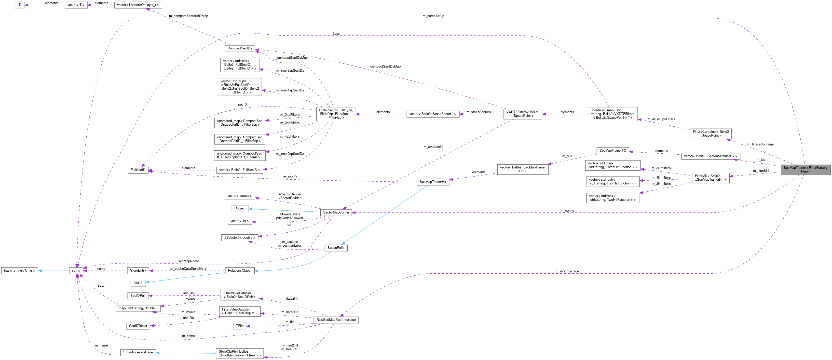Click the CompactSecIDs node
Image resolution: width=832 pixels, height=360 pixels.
pyautogui.click(x=239, y=48)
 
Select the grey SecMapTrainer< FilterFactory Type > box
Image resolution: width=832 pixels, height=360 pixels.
pyautogui.click(x=805, y=170)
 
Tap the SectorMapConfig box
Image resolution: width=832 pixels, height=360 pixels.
pyautogui.click(x=336, y=212)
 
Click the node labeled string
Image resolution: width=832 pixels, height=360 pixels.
pyautogui.click(x=76, y=271)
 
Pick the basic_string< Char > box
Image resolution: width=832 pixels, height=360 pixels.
pyautogui.click(x=20, y=271)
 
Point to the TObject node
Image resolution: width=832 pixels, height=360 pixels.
pyautogui.click(x=240, y=208)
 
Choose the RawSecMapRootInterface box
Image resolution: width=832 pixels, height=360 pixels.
pyautogui.click(x=336, y=319)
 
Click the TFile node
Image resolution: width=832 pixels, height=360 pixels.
pyautogui.click(x=240, y=326)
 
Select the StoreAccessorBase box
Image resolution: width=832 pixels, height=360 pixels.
pyautogui.click(x=138, y=352)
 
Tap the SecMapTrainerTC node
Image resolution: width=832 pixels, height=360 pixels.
pyautogui.click(x=612, y=151)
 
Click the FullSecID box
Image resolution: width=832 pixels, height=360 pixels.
pyautogui.click(x=138, y=170)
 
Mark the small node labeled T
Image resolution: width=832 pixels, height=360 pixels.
pyautogui.click(x=19, y=5)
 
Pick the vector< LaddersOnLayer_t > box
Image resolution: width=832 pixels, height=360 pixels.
pyautogui.click(x=138, y=5)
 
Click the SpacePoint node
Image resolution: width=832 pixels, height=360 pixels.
pyautogui.click(x=336, y=248)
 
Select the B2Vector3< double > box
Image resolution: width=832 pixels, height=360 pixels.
pyautogui.click(x=240, y=237)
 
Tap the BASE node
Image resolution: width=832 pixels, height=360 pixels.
pyautogui.click(x=138, y=283)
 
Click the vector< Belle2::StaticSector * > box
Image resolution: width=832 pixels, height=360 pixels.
pyautogui.click(x=432, y=114)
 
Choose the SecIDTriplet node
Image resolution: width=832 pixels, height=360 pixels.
pyautogui.click(x=138, y=326)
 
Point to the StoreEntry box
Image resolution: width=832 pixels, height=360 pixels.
pyautogui.click(x=138, y=271)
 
